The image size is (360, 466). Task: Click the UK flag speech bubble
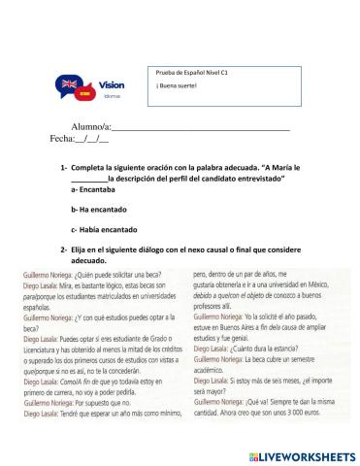click(70, 84)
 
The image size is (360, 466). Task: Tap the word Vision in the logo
click(112, 85)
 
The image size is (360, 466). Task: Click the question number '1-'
click(63, 168)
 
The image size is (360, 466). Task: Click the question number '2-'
click(63, 250)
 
